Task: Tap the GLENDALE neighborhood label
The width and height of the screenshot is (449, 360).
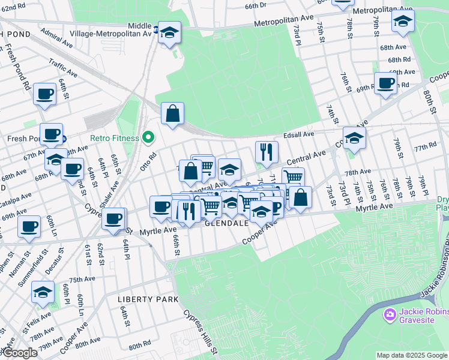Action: tap(226, 223)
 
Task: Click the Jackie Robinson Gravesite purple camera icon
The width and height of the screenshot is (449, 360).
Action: tap(390, 314)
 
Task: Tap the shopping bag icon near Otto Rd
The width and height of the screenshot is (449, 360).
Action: tap(172, 113)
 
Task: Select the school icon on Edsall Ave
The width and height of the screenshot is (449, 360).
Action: tap(354, 137)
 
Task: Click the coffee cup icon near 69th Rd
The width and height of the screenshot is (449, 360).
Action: tap(385, 83)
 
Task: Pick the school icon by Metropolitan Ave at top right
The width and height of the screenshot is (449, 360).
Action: tap(403, 21)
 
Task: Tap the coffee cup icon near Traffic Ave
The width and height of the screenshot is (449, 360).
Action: tap(45, 94)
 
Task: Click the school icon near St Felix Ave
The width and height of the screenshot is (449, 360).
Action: tap(43, 292)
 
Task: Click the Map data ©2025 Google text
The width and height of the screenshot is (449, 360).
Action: tap(411, 355)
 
